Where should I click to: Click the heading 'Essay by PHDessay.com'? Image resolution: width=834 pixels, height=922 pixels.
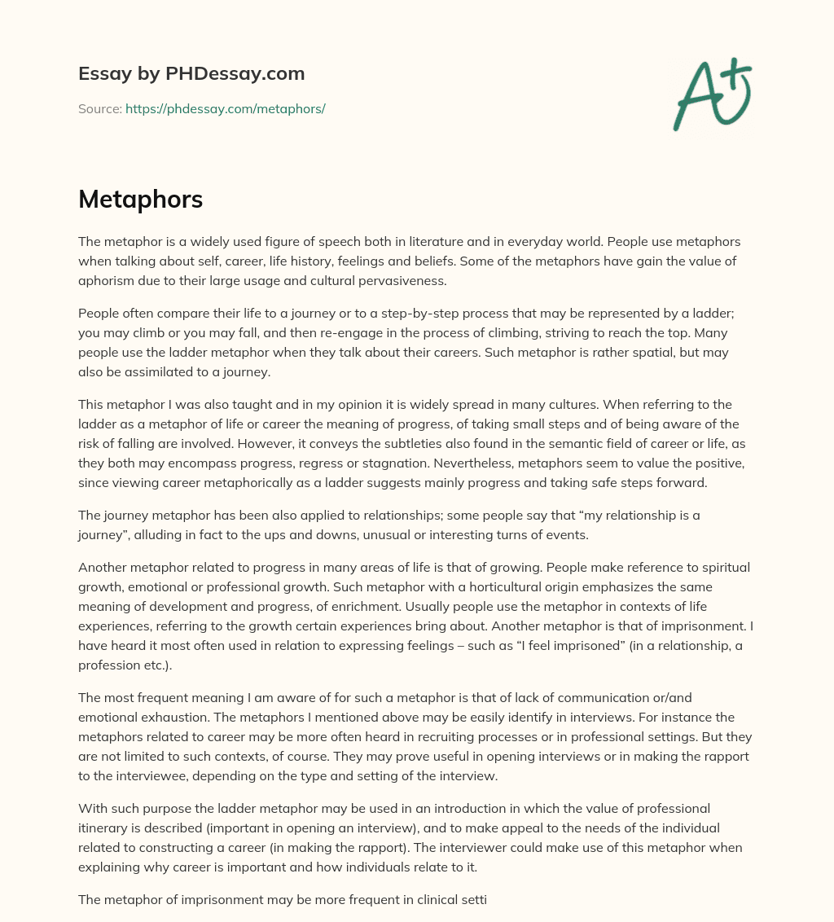tap(191, 73)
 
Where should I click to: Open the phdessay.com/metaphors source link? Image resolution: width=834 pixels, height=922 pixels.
tap(225, 108)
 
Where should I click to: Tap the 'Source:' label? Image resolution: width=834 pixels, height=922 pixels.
tap(100, 108)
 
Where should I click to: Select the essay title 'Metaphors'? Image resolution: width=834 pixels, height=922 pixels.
tap(140, 200)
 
